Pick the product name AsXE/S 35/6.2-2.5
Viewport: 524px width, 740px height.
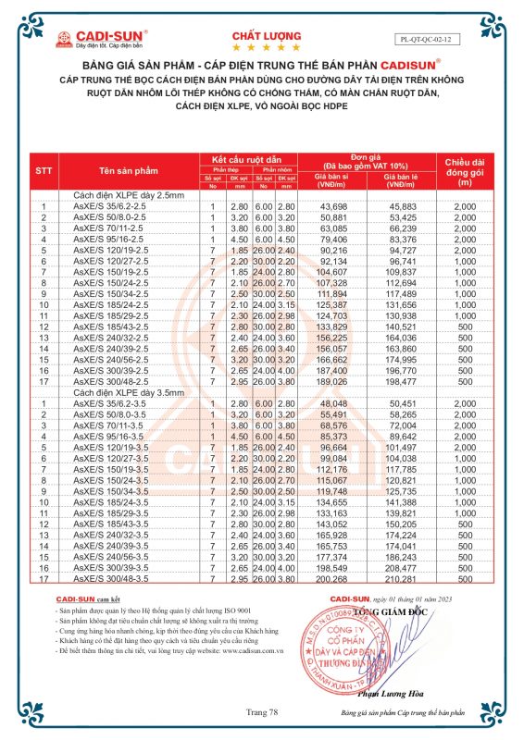(x=105, y=204)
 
